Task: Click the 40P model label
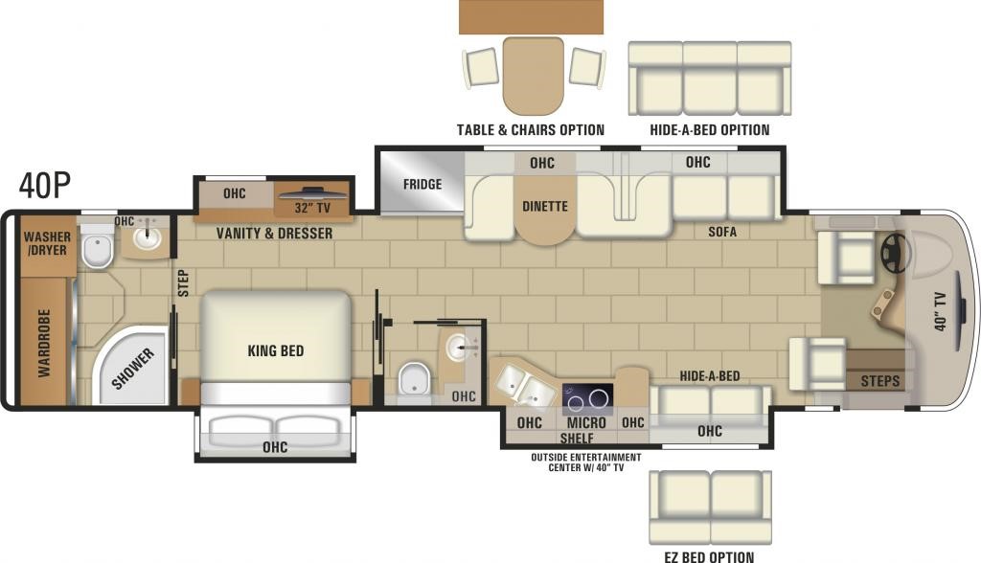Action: [x=44, y=185]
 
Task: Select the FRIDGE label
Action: [x=422, y=185]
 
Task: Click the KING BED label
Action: [x=275, y=351]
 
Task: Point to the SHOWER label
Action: [x=132, y=369]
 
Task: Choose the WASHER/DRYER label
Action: [x=48, y=243]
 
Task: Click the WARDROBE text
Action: [x=44, y=343]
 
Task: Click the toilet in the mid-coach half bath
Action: [x=414, y=377]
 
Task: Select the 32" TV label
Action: [x=312, y=208]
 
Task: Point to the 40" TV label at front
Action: [x=940, y=311]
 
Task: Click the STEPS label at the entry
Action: [x=879, y=381]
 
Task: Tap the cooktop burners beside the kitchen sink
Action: [x=587, y=399]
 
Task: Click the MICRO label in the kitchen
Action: [x=586, y=423]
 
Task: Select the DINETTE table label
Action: [x=545, y=207]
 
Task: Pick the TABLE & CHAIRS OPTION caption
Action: [x=531, y=130]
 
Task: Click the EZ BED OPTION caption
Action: [x=709, y=556]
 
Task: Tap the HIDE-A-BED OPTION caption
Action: [x=710, y=130]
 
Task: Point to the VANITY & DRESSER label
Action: [x=274, y=234]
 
